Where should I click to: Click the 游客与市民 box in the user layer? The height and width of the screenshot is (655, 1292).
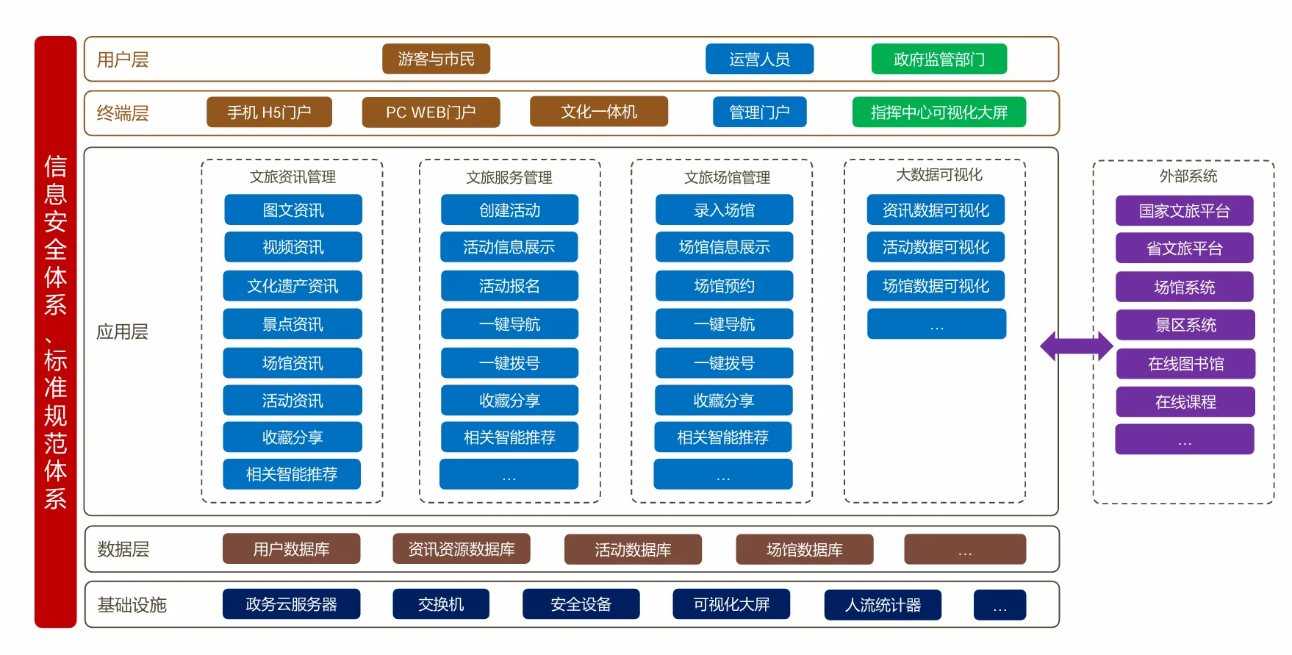[x=436, y=59]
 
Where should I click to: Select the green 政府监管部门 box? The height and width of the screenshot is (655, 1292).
[x=939, y=59]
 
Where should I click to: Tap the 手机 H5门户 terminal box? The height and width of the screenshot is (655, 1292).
[x=269, y=112]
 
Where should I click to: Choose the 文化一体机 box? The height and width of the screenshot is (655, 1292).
[x=598, y=112]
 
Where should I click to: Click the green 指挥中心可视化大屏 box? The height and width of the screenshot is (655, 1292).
[x=939, y=112]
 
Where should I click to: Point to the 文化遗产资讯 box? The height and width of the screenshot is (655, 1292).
[x=293, y=286]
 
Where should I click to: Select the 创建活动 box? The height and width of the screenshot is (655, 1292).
[x=509, y=210]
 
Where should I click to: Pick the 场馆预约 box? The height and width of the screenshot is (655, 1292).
[x=724, y=286]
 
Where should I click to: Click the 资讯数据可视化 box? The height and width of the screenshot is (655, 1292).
[x=936, y=210]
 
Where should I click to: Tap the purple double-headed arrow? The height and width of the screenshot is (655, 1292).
[x=1076, y=346]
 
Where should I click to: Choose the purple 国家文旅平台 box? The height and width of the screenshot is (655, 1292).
[x=1184, y=211]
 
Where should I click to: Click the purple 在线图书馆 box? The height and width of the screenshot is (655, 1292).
[x=1185, y=364]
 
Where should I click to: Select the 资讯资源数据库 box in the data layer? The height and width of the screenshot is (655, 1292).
[x=462, y=549]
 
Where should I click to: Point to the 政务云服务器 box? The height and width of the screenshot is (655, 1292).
[x=291, y=604]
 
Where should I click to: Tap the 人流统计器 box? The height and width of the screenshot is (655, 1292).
[x=883, y=605]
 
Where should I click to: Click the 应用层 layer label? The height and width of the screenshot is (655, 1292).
[x=122, y=332]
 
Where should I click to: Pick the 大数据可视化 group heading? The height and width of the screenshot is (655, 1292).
[x=939, y=175]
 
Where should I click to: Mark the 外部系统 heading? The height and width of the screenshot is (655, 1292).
[x=1188, y=176]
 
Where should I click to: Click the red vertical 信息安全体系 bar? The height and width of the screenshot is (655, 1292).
[x=55, y=332]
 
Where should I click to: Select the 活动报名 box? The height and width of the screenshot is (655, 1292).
[x=509, y=286]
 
